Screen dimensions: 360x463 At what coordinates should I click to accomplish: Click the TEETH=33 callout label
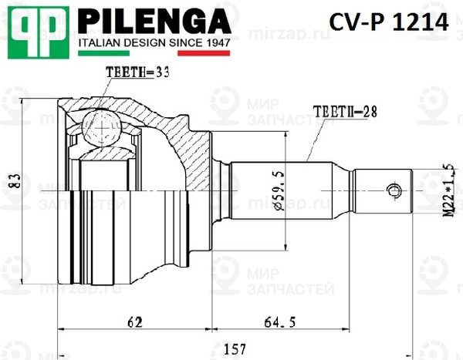pos(137,72)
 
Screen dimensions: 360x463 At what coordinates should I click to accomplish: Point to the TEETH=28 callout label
pos(345,111)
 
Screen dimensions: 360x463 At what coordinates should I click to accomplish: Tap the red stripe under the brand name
pos(204,55)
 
